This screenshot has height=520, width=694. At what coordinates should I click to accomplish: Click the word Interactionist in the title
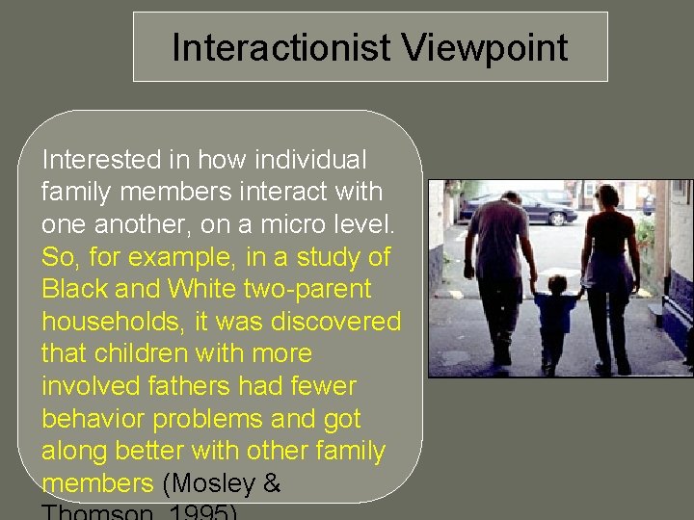tap(278, 47)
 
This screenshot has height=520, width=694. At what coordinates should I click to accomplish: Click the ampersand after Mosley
tap(271, 484)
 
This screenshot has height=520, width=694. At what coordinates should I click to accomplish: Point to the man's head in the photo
tap(511, 199)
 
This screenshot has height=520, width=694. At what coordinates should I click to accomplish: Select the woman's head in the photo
tap(606, 196)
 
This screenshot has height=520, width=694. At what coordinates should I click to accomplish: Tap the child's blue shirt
tap(556, 313)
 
